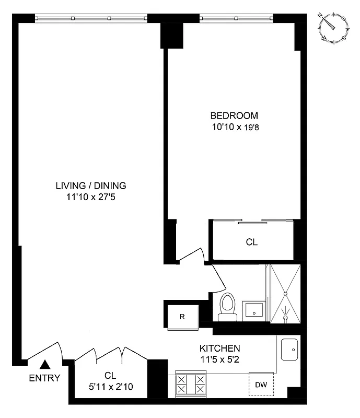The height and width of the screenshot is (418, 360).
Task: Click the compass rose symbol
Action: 333,28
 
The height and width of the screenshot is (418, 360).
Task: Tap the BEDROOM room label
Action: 234,115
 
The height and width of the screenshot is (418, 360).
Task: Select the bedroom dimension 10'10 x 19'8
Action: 234,126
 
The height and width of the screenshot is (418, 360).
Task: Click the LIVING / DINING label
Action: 91,185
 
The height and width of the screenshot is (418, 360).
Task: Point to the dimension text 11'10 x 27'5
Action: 91,196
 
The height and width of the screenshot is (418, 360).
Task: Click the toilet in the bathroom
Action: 227,306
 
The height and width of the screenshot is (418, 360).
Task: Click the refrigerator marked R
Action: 182,316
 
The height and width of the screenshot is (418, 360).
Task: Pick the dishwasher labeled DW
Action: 261,386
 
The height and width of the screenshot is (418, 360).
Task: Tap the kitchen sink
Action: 290,349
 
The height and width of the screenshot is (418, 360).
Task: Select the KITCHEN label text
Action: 219,349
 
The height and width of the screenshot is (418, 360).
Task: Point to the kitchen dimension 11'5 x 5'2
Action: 219,359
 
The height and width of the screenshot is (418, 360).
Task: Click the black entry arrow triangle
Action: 45,365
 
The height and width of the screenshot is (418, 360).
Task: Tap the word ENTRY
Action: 44,378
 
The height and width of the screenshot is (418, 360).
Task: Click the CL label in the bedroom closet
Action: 252,242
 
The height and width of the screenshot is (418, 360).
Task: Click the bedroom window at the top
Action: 236,18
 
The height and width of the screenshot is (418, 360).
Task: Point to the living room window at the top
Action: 91,18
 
